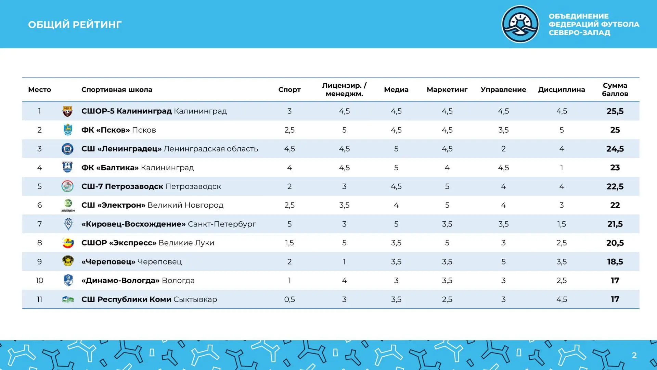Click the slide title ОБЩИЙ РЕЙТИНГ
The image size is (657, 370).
click(75, 25)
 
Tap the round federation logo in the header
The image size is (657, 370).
click(520, 24)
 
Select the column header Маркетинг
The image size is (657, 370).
click(447, 90)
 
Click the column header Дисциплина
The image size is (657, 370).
click(561, 90)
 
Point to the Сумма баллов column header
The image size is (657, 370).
click(615, 90)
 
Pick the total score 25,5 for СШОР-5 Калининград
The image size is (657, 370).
click(615, 111)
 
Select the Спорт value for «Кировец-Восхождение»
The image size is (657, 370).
click(289, 224)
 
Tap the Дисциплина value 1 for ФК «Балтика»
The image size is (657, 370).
click(562, 168)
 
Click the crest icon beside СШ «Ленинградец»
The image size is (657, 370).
click(67, 149)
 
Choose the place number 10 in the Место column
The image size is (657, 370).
click(39, 281)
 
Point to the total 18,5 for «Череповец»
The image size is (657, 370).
click(615, 262)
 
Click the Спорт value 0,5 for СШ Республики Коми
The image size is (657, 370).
click(289, 299)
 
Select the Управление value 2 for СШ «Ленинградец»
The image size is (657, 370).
click(503, 149)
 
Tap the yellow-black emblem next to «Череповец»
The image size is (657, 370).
click(68, 261)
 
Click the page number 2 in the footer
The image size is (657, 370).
click(634, 355)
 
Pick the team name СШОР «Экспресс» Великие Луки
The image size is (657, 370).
click(147, 243)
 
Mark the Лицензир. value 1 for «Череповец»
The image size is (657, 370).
click(344, 262)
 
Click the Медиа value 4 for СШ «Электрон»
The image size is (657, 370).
click(396, 205)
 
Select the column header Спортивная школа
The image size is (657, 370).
click(117, 90)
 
